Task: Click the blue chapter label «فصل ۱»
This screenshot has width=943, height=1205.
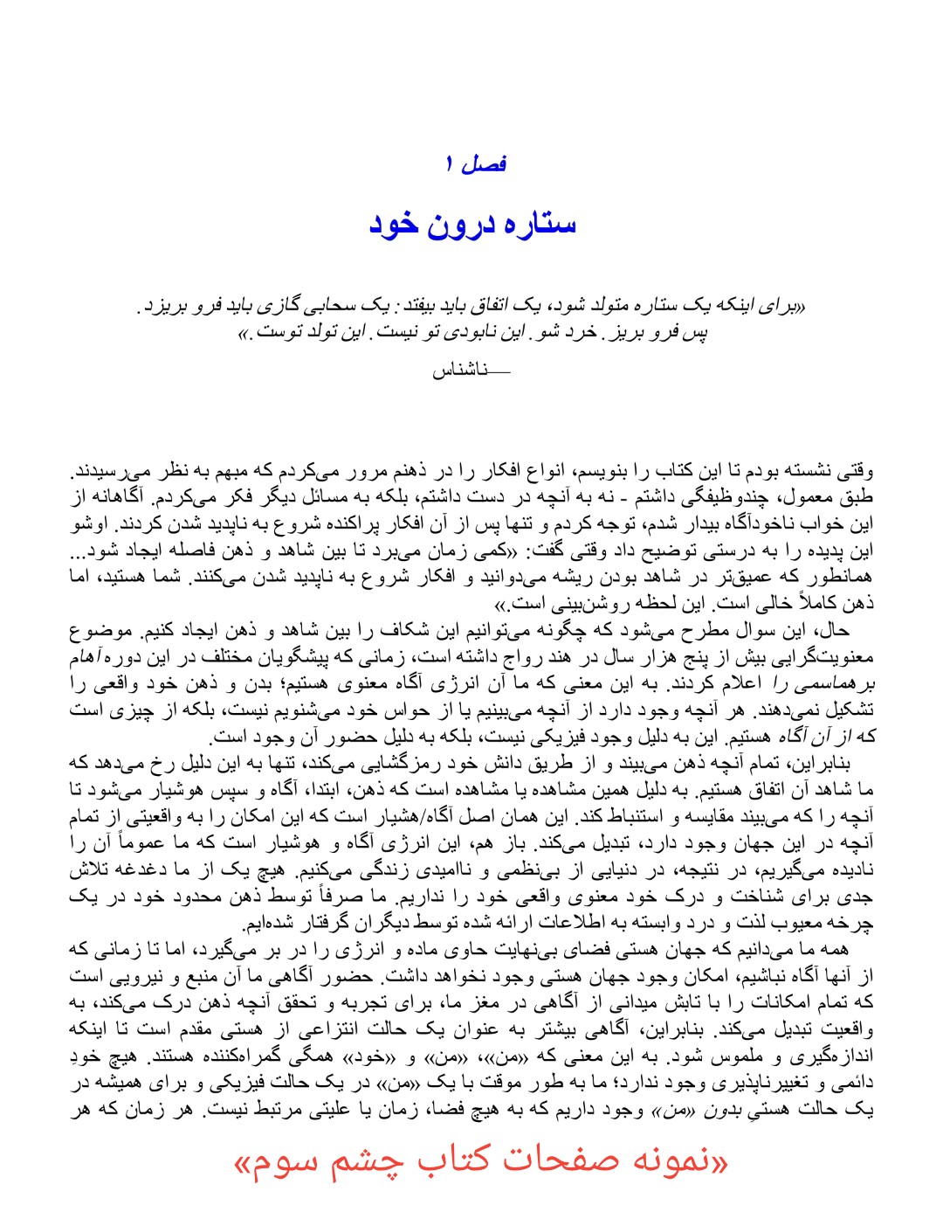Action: point(475,163)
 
